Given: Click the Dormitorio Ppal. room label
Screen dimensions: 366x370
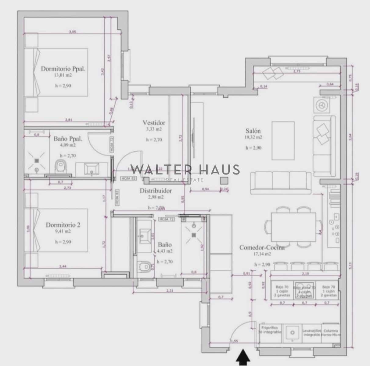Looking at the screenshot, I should point(63,69).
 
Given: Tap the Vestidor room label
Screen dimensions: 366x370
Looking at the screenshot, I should point(154,123).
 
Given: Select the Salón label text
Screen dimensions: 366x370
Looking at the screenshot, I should point(253,131).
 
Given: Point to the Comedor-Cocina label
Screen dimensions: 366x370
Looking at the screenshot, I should point(262,247).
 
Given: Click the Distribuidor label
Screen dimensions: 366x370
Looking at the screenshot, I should point(156,191).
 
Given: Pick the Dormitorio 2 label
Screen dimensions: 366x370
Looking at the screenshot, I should point(63,225).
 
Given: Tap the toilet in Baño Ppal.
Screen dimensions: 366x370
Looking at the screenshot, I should point(61,167).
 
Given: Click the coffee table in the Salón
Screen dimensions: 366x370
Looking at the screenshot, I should point(283,141).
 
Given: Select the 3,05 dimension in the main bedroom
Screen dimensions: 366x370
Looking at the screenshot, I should point(73,31).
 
